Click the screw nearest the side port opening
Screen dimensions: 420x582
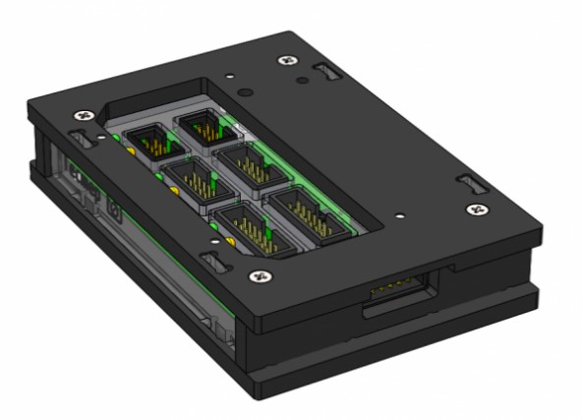(x=478, y=209)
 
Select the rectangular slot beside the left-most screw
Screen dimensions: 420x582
(x=80, y=139)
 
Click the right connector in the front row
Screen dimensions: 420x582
(x=301, y=210)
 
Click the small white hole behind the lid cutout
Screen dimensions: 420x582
(x=228, y=75)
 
